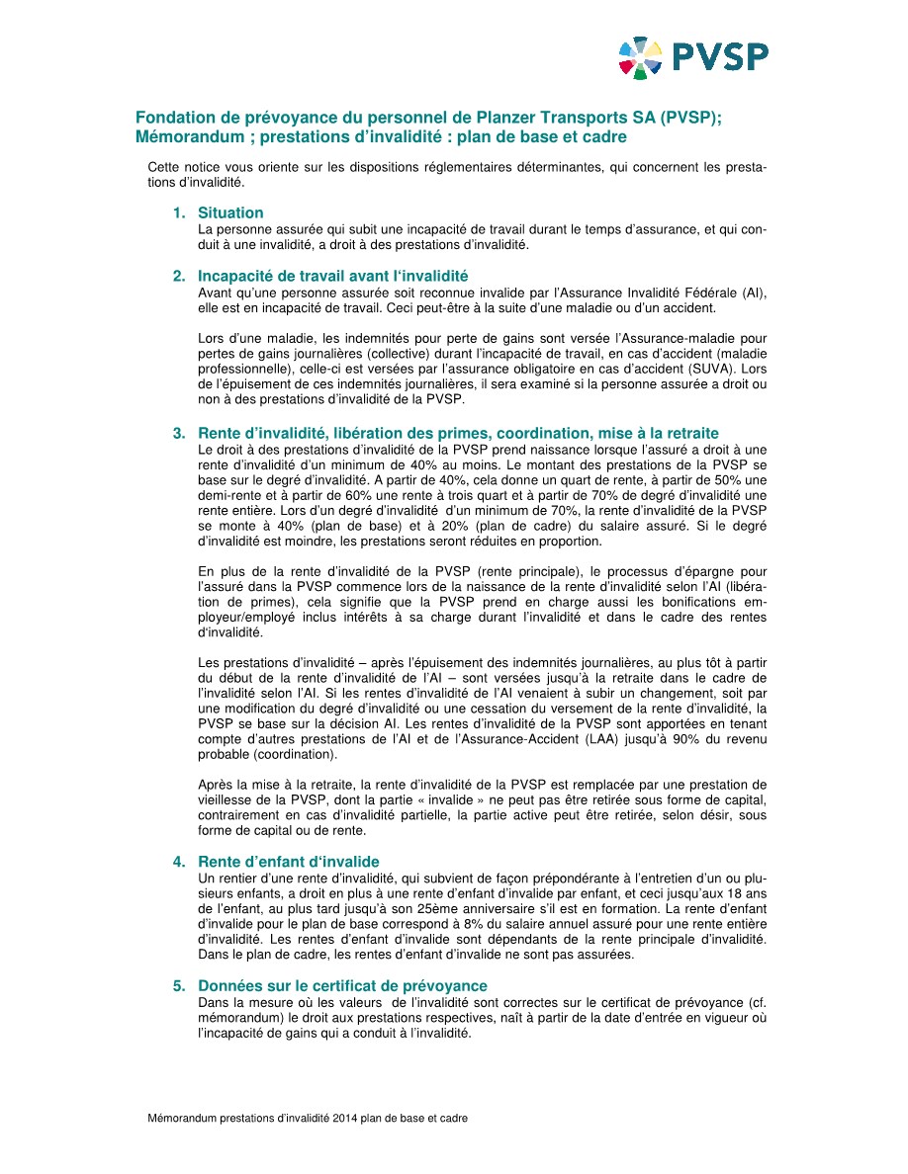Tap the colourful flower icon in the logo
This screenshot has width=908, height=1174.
tap(640, 56)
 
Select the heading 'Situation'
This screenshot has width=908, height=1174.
tap(230, 212)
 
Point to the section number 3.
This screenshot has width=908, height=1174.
tap(179, 433)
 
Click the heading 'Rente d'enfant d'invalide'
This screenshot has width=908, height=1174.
tap(288, 862)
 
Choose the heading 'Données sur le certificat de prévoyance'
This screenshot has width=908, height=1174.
tap(342, 986)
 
